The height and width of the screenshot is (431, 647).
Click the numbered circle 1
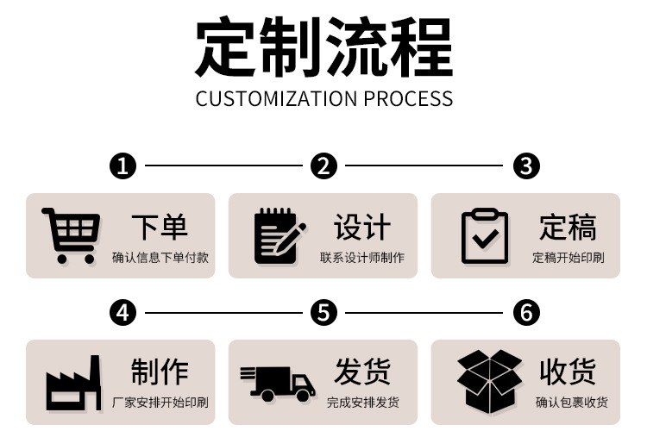pos(124,166)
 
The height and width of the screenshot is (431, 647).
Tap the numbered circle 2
pos(323,166)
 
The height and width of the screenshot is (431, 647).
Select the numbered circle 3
pos(526,166)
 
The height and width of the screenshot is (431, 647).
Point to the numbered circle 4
pos(124,312)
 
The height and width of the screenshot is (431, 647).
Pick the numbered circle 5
pos(323,312)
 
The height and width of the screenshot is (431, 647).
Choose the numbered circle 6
pos(526,312)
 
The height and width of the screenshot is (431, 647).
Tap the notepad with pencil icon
pos(279,235)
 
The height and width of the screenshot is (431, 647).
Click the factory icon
pos(73,382)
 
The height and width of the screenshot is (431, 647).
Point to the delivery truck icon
pos(277,382)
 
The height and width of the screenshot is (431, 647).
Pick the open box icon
pos(489,381)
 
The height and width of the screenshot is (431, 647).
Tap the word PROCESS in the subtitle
pos(408,98)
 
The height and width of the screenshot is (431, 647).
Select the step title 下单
pos(160,228)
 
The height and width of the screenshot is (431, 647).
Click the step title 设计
pos(362,228)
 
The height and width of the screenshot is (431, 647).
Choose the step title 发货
pos(362,372)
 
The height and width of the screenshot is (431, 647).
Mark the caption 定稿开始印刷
pos(568,258)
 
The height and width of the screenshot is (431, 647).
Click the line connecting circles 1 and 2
pos(223,166)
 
